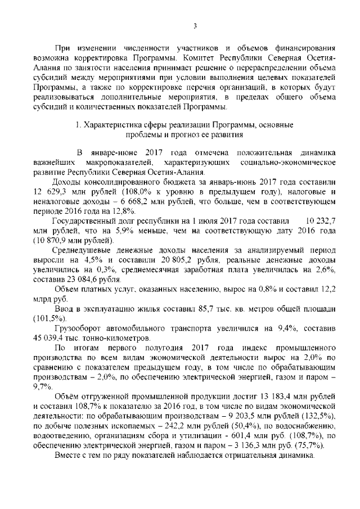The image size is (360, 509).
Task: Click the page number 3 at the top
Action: pyautogui.click(x=195, y=25)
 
